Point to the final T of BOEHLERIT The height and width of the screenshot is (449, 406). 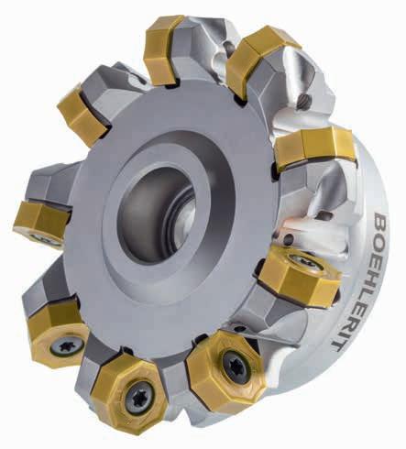click(x=338, y=345)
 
